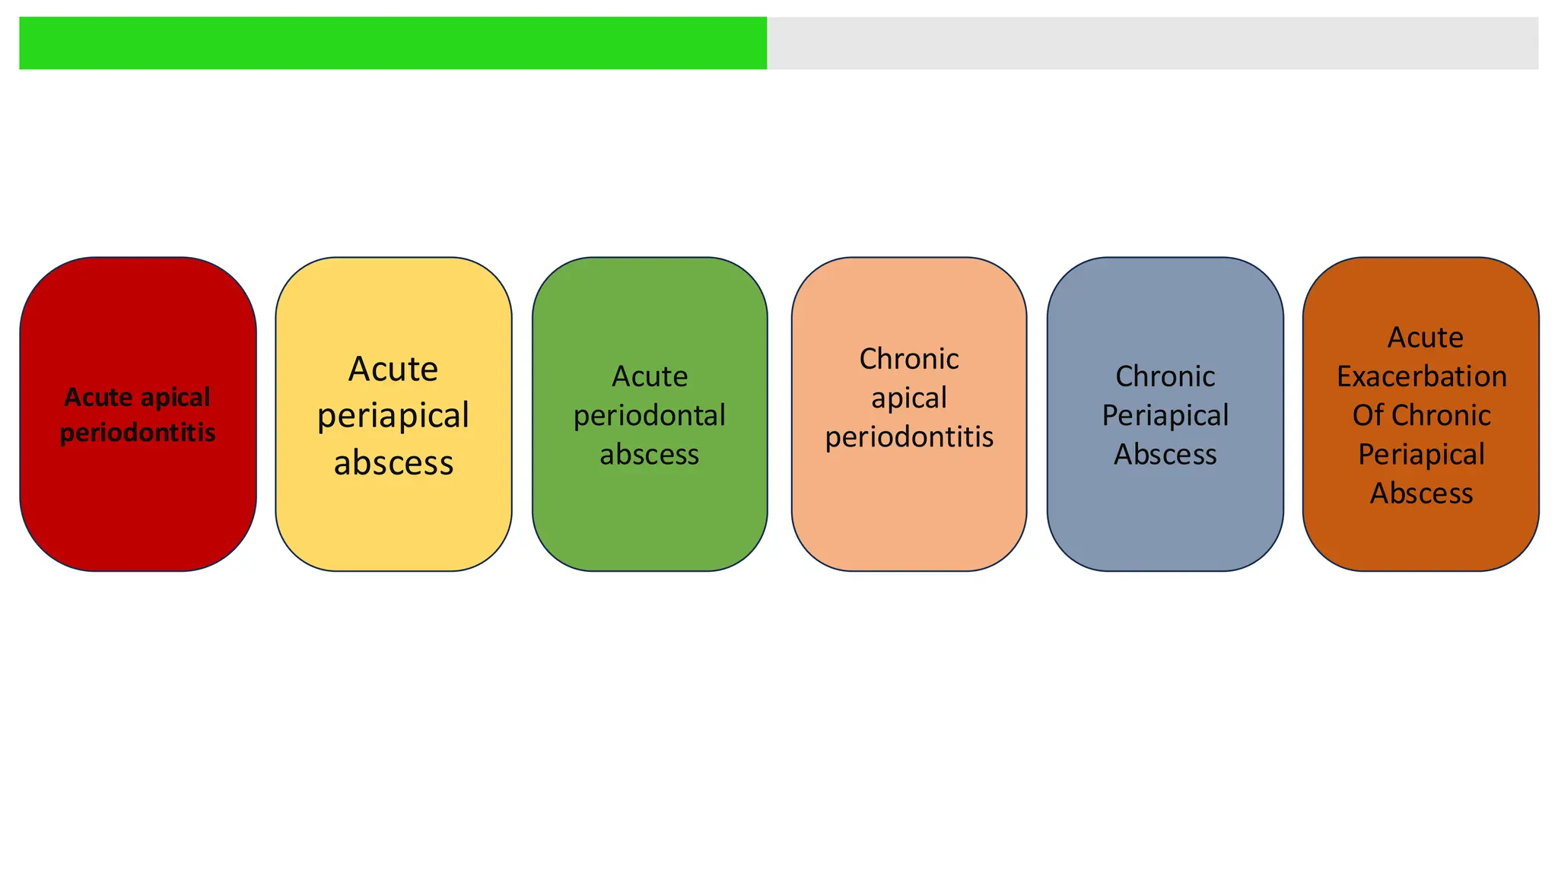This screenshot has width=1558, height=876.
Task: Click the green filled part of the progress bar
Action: [x=393, y=43]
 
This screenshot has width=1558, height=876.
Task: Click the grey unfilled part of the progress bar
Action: [x=1152, y=43]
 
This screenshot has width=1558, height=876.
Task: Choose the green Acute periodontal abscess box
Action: [x=650, y=517]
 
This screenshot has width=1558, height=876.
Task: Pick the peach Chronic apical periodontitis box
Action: [x=909, y=509]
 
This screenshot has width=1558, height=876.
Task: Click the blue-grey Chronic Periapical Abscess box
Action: [x=1165, y=517]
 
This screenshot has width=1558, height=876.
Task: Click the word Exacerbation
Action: [x=1421, y=376]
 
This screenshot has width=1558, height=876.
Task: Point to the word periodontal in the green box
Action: [x=650, y=416]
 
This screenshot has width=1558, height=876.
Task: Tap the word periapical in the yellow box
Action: [x=393, y=416]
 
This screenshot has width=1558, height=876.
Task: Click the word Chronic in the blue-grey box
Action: [x=1165, y=376]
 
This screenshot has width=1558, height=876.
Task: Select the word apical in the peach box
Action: [x=909, y=398]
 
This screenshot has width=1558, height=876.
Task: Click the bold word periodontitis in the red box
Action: [x=138, y=433]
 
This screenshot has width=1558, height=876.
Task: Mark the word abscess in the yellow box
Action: [x=393, y=462]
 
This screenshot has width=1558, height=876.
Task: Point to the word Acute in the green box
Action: [x=650, y=376]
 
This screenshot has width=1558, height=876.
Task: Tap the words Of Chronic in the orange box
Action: [x=1421, y=415]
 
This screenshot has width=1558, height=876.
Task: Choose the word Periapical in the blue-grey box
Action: [x=1165, y=416]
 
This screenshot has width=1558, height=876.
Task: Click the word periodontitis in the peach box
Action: [x=909, y=437]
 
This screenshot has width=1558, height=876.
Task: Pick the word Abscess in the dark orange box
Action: [x=1421, y=494]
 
